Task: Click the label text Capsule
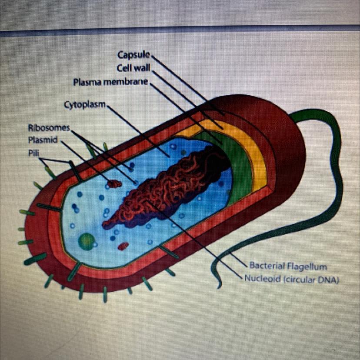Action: click(x=133, y=55)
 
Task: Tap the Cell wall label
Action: click(x=133, y=68)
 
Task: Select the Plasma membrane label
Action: click(x=111, y=82)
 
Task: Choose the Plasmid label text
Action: click(x=43, y=140)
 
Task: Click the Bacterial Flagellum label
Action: click(x=288, y=266)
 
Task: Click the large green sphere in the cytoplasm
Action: click(x=87, y=240)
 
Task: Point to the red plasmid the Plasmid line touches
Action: click(x=115, y=184)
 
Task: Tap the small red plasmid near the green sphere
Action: click(x=123, y=247)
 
